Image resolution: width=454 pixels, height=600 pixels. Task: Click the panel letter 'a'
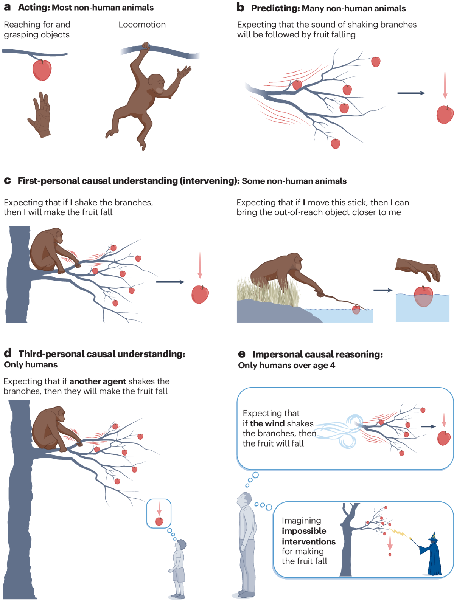7,7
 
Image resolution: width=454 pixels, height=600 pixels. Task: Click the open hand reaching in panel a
40,115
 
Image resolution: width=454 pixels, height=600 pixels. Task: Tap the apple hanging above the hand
42,70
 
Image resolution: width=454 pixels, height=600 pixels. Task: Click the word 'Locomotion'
142,25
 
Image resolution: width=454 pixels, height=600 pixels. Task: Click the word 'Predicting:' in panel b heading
275,8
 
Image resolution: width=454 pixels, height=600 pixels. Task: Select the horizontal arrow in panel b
411,93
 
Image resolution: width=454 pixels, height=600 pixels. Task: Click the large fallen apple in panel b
445,115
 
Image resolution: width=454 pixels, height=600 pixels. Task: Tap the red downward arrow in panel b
445,85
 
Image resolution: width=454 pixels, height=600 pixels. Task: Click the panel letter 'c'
7,181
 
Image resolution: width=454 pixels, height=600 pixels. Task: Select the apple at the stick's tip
356,310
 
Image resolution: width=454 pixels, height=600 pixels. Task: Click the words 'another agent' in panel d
98,381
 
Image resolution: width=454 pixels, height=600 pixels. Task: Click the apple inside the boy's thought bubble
159,521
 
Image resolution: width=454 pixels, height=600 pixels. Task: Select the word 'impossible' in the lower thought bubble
304,531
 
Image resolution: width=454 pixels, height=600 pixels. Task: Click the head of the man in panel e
244,500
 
